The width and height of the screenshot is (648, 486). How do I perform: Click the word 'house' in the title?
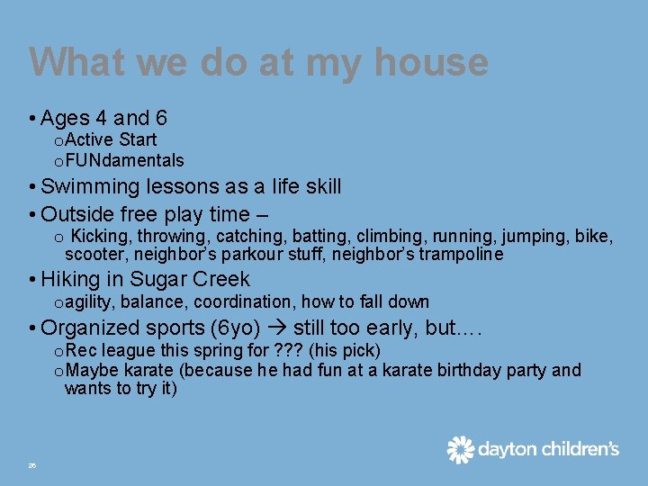click(431, 62)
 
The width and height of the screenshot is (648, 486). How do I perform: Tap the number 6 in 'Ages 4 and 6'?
click(160, 118)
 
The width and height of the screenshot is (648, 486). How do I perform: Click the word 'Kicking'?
click(100, 237)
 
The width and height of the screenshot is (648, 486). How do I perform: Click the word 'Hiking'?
click(70, 279)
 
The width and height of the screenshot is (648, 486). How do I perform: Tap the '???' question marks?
click(286, 349)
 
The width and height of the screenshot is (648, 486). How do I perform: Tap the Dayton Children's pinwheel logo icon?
click(460, 449)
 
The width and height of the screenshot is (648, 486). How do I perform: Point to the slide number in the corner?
click(31, 465)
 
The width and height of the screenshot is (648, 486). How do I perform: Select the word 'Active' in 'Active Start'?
click(91, 139)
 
